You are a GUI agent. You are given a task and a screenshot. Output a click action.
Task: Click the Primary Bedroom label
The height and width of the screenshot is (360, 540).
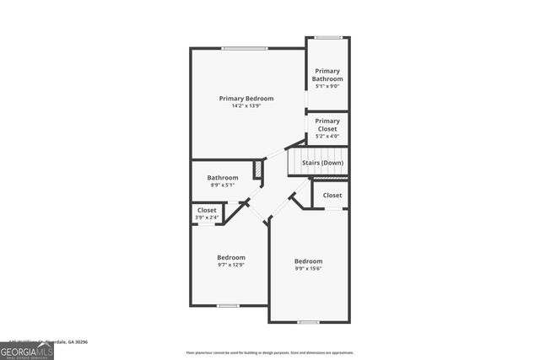point(246,99)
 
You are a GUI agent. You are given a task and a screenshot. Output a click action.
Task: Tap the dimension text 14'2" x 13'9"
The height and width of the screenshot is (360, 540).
point(246,106)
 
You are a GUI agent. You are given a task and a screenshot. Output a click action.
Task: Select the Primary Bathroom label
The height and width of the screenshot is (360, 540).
point(327,75)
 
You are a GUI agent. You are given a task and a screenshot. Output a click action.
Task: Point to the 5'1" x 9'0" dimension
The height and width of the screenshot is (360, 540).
point(327,86)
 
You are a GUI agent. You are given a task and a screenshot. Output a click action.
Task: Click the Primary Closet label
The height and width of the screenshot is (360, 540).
point(327,125)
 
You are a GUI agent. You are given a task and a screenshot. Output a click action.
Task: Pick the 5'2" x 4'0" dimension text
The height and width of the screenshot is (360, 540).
point(327,136)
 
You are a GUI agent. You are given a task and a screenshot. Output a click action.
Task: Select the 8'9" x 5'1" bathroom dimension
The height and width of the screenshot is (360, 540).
point(223,185)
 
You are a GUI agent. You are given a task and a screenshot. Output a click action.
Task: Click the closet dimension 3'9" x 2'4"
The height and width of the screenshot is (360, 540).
point(207,218)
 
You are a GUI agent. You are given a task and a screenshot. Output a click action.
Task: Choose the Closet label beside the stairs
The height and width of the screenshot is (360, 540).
point(332,195)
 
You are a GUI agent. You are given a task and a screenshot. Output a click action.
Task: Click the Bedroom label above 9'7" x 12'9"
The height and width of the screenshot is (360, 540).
point(230,257)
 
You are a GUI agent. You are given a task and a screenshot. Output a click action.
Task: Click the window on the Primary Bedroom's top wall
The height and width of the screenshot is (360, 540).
point(246,48)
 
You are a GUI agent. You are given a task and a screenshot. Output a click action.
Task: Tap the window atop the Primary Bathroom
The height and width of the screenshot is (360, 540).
point(327,37)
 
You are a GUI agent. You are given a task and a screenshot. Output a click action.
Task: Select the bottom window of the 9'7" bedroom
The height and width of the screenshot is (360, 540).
point(229,305)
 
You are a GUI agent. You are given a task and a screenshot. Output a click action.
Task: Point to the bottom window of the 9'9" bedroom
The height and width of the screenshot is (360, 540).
point(309,322)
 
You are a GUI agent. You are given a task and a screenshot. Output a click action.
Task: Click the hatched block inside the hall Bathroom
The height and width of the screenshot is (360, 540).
point(258,168)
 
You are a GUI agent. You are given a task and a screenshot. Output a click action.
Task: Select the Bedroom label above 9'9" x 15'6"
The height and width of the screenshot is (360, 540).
point(308,261)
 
